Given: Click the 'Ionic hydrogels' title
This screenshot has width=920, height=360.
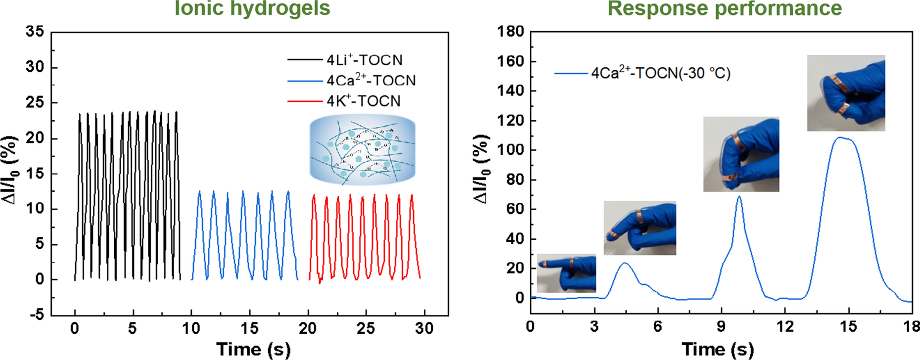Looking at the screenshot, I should pyautogui.click(x=252, y=8).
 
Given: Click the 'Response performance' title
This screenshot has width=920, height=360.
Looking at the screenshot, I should pyautogui.click(x=725, y=8).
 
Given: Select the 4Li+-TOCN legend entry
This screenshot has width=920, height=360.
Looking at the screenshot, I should pyautogui.click(x=365, y=60).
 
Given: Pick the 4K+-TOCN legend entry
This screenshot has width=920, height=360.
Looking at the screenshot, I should pyautogui.click(x=363, y=101).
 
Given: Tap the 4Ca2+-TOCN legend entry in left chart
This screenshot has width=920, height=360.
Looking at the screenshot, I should pyautogui.click(x=371, y=80).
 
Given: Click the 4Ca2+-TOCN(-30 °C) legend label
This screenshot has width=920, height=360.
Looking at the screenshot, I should pyautogui.click(x=661, y=73).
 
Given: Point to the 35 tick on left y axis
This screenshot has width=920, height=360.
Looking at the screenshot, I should pyautogui.click(x=35, y=32).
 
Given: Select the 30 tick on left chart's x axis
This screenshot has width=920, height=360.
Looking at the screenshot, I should pyautogui.click(x=424, y=328).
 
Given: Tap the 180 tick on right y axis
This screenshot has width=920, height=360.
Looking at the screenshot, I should pyautogui.click(x=511, y=32).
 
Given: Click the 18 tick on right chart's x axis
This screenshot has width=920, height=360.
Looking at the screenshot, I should pyautogui.click(x=911, y=326).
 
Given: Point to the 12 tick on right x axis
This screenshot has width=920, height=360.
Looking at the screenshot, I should pyautogui.click(x=784, y=326).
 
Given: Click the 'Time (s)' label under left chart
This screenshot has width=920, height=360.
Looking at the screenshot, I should pyautogui.click(x=253, y=349).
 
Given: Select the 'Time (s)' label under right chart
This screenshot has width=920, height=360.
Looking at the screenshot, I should pyautogui.click(x=718, y=349).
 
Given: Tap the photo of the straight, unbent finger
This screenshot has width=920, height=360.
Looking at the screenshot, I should pyautogui.click(x=566, y=273).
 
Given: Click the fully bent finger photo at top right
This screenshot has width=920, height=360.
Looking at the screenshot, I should pyautogui.click(x=846, y=93).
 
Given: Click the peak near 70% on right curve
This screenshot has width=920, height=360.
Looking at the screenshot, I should pyautogui.click(x=739, y=196).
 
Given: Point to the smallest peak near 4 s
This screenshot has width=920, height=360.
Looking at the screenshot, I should pyautogui.click(x=625, y=263).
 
